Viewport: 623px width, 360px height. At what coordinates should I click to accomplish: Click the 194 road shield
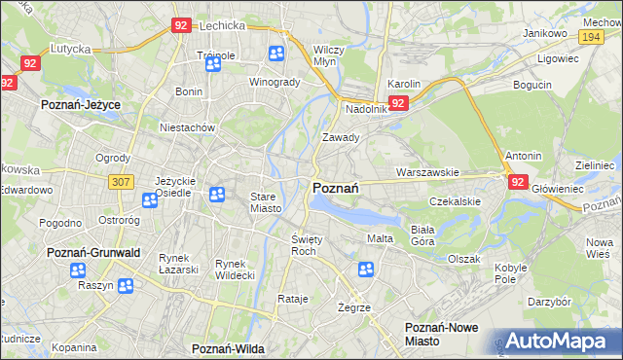(x=589, y=35)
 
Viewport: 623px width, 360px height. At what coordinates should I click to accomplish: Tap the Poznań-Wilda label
(x=229, y=347)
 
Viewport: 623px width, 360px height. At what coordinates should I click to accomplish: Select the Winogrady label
(x=275, y=82)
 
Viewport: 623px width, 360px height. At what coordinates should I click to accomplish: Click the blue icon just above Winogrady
(x=276, y=54)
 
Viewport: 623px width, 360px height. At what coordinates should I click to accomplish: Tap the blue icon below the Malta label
(x=366, y=270)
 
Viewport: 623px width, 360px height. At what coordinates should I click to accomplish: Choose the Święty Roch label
(x=306, y=244)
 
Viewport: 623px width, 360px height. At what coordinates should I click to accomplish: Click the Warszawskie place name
(x=427, y=173)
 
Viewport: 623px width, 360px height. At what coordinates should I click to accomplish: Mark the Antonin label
(x=523, y=156)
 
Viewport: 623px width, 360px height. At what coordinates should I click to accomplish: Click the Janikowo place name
(x=545, y=33)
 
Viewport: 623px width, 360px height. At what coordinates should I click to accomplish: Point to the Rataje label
(x=292, y=299)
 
